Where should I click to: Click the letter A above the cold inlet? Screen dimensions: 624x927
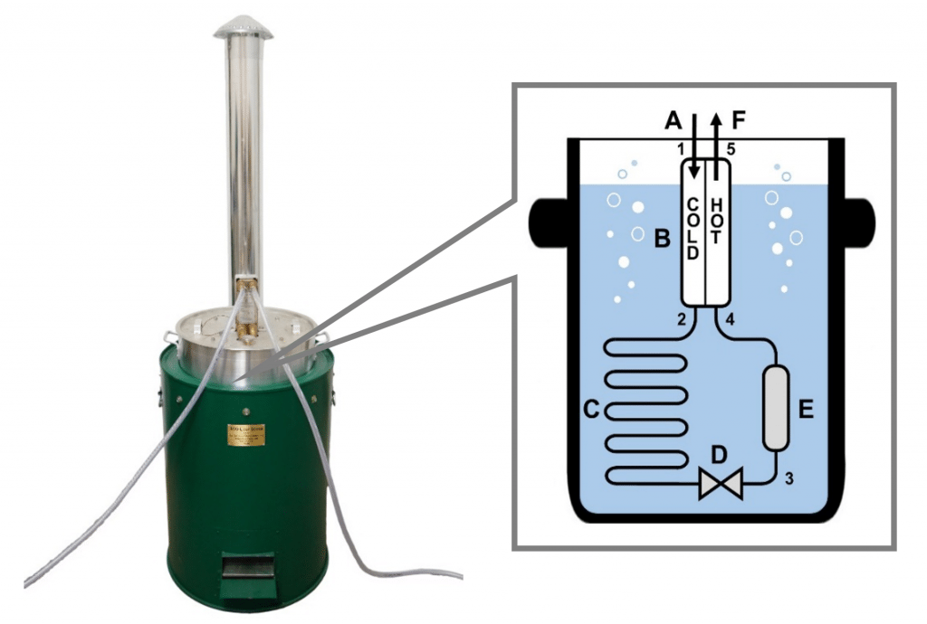pyautogui.click(x=672, y=119)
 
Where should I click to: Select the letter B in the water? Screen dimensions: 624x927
pyautogui.click(x=661, y=240)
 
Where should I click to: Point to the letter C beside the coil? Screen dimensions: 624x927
pyautogui.click(x=588, y=409)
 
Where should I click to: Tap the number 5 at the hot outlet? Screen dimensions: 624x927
pyautogui.click(x=732, y=147)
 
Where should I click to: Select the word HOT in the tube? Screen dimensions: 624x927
pyautogui.click(x=716, y=221)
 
